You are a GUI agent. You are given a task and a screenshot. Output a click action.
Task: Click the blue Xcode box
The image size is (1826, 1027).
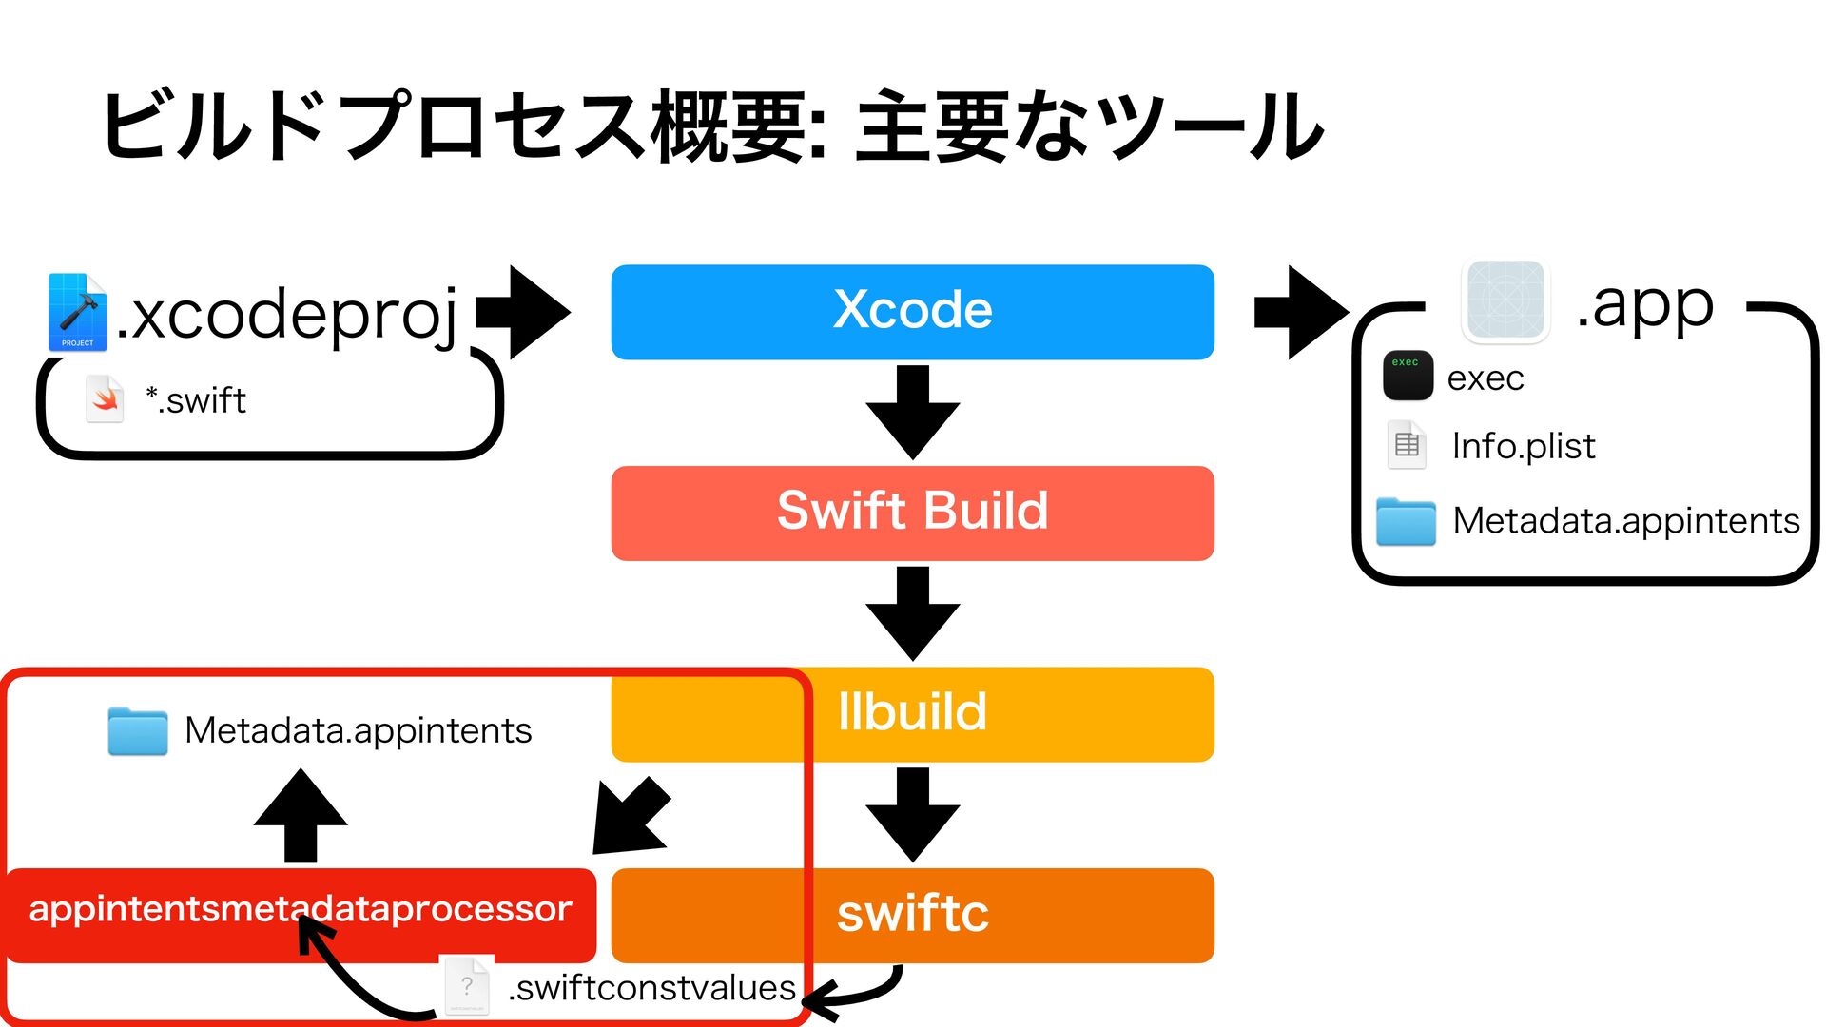[x=912, y=312]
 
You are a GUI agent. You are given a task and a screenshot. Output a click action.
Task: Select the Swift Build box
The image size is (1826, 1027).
[x=912, y=513]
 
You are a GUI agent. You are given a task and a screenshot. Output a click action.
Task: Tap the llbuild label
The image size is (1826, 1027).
[x=912, y=711]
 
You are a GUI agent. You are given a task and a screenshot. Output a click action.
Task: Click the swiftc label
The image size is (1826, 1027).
[x=912, y=913]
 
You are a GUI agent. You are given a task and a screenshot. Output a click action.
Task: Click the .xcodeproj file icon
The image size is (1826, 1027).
[x=77, y=312]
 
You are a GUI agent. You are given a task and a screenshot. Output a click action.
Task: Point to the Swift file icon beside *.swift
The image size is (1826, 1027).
[x=105, y=399]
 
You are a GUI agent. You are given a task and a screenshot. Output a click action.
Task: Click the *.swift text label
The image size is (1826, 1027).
[x=195, y=400]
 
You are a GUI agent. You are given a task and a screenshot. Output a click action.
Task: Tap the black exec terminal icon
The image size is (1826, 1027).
[x=1408, y=375]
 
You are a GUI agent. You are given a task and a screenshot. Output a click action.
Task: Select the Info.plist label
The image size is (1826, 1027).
[x=1524, y=445]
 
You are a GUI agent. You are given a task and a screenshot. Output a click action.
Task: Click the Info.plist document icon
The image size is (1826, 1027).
[x=1407, y=445]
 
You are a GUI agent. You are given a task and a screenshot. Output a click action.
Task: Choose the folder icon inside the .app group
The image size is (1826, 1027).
[x=1406, y=521]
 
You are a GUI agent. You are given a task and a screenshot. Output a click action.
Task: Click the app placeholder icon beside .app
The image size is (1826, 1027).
[x=1505, y=300]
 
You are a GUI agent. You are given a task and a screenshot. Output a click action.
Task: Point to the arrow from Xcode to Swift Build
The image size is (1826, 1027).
[x=912, y=412]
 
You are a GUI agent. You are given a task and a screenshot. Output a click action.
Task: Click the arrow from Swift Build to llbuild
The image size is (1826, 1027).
[x=912, y=613]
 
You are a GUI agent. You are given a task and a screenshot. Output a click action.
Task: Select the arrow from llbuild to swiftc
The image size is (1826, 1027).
[x=912, y=815]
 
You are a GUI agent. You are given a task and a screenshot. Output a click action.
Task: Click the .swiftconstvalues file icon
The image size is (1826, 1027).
[x=468, y=985]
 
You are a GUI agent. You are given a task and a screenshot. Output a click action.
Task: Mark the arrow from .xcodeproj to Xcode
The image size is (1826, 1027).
[x=523, y=312]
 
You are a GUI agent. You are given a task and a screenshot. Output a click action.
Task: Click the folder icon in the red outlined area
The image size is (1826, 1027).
[x=138, y=730]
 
